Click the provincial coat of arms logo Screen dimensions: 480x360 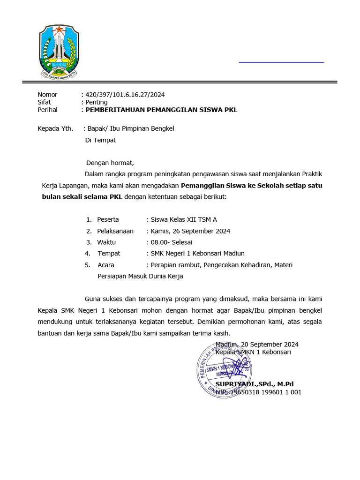59,51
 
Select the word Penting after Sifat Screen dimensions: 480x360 96,102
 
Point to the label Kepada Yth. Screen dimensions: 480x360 55,128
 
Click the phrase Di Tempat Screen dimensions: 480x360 100,140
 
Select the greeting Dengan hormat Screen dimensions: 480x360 110,163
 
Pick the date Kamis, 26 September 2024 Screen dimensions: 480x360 190,231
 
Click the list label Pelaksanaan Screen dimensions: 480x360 115,231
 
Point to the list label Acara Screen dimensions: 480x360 106,265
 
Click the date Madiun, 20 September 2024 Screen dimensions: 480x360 257,344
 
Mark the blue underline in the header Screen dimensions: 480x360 281,62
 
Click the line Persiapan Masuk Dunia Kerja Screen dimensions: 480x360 140,276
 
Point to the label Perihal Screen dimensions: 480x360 47,110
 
